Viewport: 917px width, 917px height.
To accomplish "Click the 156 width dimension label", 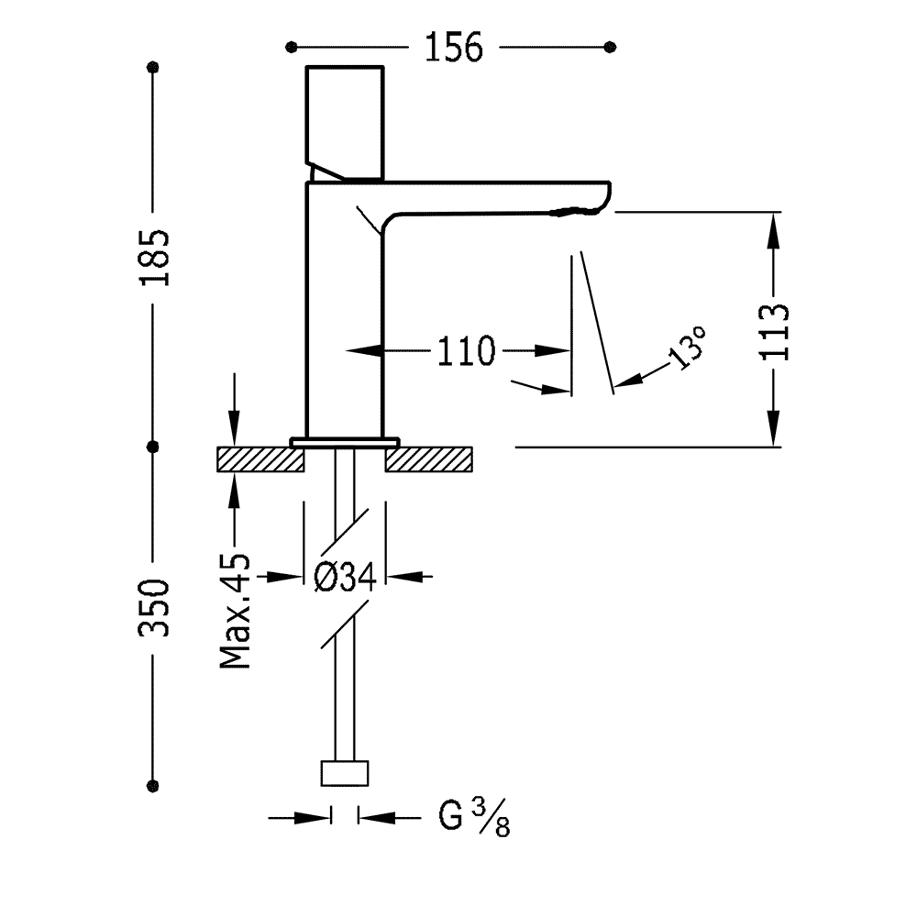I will pos(452,47).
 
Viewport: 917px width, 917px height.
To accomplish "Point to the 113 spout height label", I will pos(775,330).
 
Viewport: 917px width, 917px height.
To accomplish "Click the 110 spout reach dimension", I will pos(465,350).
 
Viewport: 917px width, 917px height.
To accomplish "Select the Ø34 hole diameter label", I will pos(345,577).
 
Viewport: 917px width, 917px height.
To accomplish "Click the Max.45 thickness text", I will pos(235,610).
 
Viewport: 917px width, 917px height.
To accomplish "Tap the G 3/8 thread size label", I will pos(473,817).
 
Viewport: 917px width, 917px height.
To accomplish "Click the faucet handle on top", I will pos(345,119).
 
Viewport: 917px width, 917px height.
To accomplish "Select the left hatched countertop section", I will pos(260,458).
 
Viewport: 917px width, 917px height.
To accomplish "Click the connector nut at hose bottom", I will pos(345,772).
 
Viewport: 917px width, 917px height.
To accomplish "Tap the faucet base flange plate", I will pos(345,442).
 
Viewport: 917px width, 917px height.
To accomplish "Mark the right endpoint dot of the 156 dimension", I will pos(612,47).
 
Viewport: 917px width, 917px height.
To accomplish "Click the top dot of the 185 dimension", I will pos(153,67).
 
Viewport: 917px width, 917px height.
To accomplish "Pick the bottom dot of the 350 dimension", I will pos(153,784).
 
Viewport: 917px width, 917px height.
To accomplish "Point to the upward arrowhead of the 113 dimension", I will pos(776,226).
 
